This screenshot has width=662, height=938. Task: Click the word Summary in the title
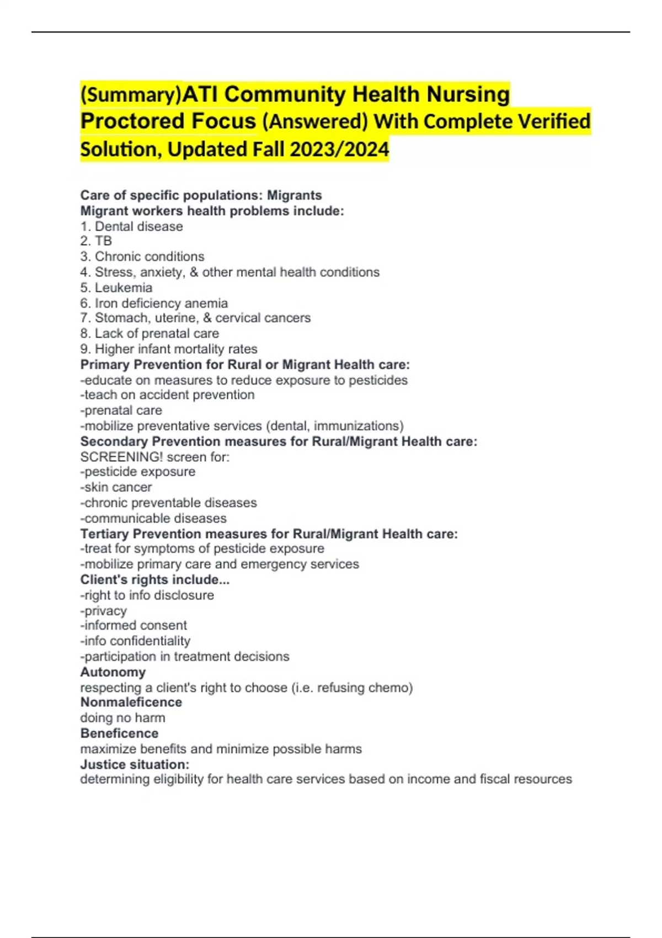tap(131, 95)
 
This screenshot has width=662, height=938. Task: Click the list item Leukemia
tap(124, 287)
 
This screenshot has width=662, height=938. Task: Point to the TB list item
tap(103, 241)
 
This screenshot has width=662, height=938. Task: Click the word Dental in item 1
tap(114, 226)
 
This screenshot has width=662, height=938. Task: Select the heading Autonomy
tap(113, 672)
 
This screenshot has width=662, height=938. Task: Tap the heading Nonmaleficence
tap(131, 702)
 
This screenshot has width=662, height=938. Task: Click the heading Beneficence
tap(119, 733)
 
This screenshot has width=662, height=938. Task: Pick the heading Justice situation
tap(135, 764)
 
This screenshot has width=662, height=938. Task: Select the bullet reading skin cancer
tap(116, 487)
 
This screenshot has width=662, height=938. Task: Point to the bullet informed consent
tap(134, 625)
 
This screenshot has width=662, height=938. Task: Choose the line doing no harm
tap(122, 718)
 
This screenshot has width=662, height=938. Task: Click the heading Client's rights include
tap(154, 579)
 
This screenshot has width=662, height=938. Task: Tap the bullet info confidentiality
tap(136, 641)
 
